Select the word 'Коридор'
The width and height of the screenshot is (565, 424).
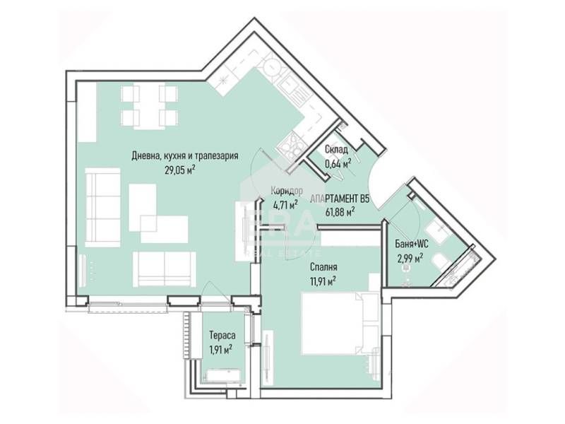point(287,191)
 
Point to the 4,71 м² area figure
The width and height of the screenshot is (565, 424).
point(287,206)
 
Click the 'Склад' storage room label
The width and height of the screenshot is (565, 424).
point(336,150)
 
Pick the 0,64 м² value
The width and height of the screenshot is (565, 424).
point(338,164)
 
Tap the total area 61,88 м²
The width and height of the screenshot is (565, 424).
point(339,210)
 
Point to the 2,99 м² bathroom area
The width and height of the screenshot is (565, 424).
point(409,258)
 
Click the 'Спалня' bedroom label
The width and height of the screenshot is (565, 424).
point(322,267)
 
